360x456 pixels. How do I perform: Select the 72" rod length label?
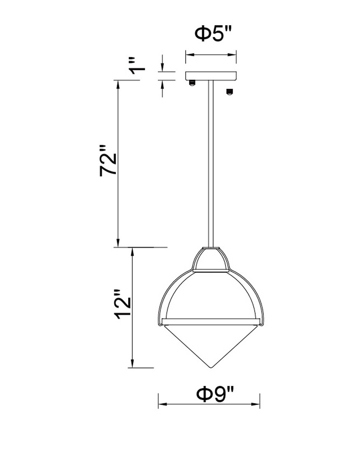[108, 161]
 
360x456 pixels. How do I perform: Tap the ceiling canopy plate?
[211, 76]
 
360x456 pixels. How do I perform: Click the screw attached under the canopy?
[192, 83]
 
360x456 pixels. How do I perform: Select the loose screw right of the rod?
[229, 91]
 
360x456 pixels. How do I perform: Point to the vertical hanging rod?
[211, 163]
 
